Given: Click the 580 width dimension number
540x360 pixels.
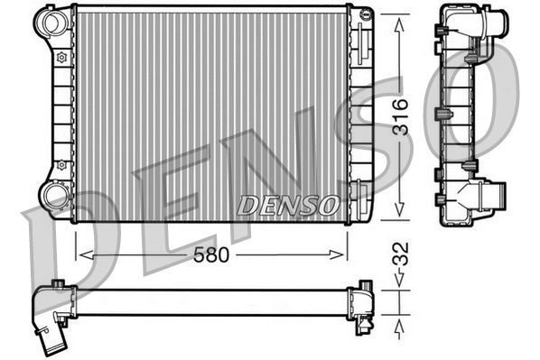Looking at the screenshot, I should pyautogui.click(x=211, y=254).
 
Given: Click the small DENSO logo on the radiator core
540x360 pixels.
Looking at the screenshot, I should pyautogui.click(x=287, y=206).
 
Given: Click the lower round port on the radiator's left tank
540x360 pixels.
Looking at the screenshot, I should pyautogui.click(x=55, y=195).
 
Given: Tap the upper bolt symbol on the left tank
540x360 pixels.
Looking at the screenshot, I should pyautogui.click(x=61, y=57).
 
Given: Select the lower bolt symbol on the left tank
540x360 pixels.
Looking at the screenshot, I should pyautogui.click(x=61, y=165).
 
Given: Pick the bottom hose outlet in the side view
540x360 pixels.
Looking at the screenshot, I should pyautogui.click(x=493, y=193).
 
